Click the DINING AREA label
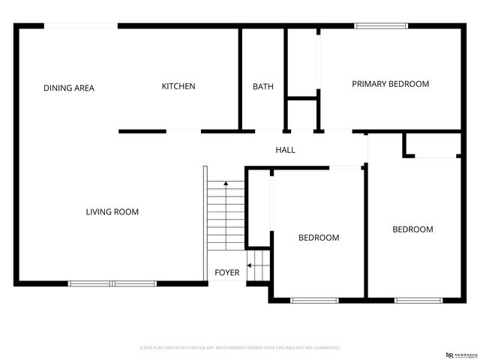coord(69,88)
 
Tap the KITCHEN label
coord(178,86)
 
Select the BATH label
coord(262,87)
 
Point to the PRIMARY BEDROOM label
coord(390,84)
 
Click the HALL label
coord(285,150)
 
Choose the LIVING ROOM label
coord(112,212)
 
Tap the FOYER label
coord(227,272)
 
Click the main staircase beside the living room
coord(226,216)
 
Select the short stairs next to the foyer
coord(258,266)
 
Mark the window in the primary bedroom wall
coord(382,27)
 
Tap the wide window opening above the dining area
coord(81,27)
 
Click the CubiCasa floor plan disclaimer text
coord(240,348)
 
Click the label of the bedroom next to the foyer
coord(319,238)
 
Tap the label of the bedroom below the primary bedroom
coord(412,229)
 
